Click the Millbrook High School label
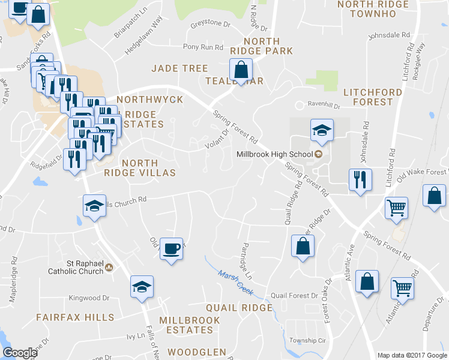[x=275, y=154]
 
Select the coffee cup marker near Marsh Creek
[x=172, y=248]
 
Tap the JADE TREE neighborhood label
[x=179, y=68]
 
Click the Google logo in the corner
[x=20, y=353]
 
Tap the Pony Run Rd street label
[x=199, y=47]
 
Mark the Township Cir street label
[x=307, y=340]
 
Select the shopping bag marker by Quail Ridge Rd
[x=303, y=246]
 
